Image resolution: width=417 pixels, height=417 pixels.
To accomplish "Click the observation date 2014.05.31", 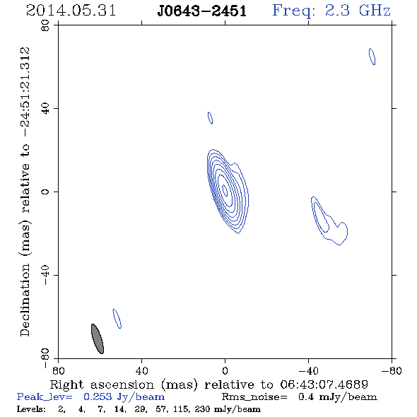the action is pyautogui.click(x=71, y=11).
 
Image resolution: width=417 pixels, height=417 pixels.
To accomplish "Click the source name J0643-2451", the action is pyautogui.click(x=201, y=11).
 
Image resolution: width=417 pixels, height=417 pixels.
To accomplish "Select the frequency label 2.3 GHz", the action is pyautogui.click(x=358, y=11).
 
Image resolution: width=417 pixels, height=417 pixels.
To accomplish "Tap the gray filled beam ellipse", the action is pyautogui.click(x=98, y=339).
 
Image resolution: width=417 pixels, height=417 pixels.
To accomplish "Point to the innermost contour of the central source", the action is pyautogui.click(x=225, y=190).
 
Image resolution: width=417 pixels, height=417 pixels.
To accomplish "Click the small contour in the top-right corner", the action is pyautogui.click(x=372, y=57).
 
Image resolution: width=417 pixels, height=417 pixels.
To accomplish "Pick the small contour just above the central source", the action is pyautogui.click(x=210, y=118).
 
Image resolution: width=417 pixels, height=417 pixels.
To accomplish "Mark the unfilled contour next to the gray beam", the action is pyautogui.click(x=117, y=319).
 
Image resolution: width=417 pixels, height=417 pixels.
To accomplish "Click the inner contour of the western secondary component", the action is pyautogui.click(x=322, y=217).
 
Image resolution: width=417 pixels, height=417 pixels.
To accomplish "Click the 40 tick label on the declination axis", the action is pyautogui.click(x=45, y=109).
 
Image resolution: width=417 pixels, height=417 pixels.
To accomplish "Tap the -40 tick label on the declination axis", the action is pyautogui.click(x=45, y=275).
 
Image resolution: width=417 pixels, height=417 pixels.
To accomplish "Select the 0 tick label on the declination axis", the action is pyautogui.click(x=45, y=192).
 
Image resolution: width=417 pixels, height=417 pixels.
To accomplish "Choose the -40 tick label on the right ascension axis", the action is pyautogui.click(x=308, y=371).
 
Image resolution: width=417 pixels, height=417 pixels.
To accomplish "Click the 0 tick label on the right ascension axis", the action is pyautogui.click(x=225, y=371).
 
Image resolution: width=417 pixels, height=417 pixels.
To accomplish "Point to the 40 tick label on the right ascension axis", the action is pyautogui.click(x=141, y=371).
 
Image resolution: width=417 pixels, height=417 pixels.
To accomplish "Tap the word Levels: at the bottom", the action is pyautogui.click(x=31, y=409).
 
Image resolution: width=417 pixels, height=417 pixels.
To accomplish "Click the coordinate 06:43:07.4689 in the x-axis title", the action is pyautogui.click(x=324, y=384).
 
